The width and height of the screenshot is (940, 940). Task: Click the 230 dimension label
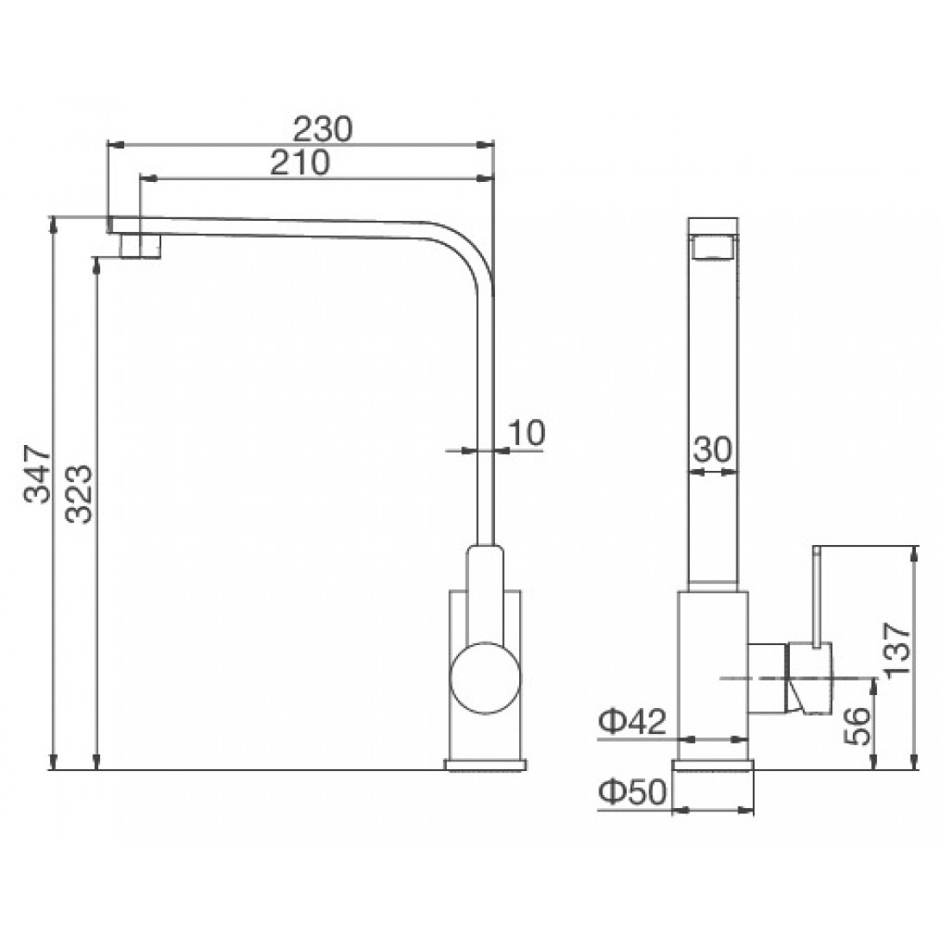coord(323,128)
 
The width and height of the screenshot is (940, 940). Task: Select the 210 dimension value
coord(300,162)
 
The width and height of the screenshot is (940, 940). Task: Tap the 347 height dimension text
coord(37,473)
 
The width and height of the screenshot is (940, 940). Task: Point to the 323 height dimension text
coord(79,494)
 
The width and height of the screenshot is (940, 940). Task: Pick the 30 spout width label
coord(713,449)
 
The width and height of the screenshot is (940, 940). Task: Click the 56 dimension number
coord(858,724)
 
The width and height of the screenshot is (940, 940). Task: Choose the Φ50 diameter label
coord(632,793)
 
